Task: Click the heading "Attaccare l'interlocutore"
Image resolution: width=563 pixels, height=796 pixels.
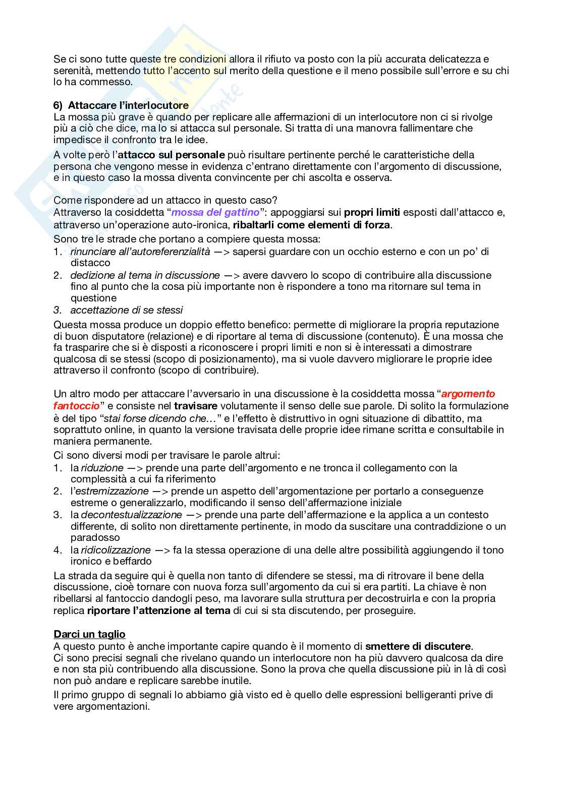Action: [x=128, y=105]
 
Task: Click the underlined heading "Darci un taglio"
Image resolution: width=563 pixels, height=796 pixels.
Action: [x=89, y=634]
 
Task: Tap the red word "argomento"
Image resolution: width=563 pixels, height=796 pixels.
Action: [x=468, y=394]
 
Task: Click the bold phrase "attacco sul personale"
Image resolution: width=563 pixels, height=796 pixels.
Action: [x=171, y=155]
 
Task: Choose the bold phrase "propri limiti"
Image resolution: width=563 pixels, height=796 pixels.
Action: [x=372, y=212]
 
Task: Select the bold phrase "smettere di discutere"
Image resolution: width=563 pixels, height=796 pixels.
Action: [x=418, y=646]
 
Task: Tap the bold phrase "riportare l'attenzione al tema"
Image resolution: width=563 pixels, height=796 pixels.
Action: [x=158, y=610]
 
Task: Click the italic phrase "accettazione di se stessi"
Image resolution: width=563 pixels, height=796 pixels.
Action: [x=127, y=310]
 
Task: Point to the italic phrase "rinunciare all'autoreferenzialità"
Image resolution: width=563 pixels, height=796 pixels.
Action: [x=140, y=251]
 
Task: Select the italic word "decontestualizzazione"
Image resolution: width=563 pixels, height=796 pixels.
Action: [x=131, y=515]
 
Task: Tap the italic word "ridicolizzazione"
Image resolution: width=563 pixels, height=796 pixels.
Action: [x=116, y=550]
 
